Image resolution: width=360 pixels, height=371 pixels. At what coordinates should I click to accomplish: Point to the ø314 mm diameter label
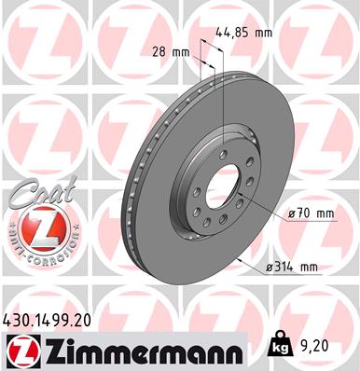point(294,268)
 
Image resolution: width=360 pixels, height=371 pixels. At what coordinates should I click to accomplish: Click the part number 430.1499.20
point(54,319)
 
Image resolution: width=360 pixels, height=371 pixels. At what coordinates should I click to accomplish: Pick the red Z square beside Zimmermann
point(19,350)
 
